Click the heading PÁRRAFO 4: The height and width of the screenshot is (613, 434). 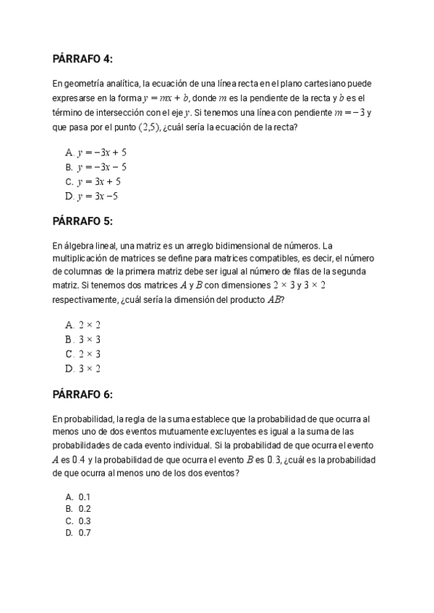point(82,59)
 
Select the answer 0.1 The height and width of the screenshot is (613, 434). point(84,497)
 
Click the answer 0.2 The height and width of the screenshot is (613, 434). point(84,509)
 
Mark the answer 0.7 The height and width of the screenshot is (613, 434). point(84,533)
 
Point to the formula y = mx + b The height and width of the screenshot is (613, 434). point(166,98)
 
